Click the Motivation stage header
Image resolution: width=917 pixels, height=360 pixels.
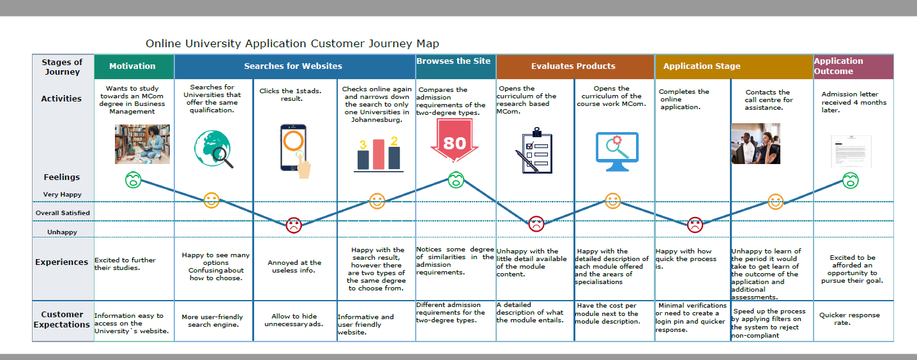coord(132,66)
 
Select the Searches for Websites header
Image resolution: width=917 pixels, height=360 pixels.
coord(293,66)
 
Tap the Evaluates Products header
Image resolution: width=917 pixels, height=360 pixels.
coord(573,66)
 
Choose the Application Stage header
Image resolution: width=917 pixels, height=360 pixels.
coord(702,66)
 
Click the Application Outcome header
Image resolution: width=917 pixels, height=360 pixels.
coord(838,66)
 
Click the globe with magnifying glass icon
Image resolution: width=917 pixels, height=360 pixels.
coord(213,148)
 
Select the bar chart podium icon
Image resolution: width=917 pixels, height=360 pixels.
coord(377,153)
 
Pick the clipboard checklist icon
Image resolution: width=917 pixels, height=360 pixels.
coord(534,151)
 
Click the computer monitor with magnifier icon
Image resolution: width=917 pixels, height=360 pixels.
coord(616,151)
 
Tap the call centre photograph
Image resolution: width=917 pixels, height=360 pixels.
coord(755,144)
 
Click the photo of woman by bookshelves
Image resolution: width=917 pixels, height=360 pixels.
coord(142,144)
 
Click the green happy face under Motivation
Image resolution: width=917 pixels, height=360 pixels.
coord(133,179)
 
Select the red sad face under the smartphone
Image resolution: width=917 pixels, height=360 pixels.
coord(293,225)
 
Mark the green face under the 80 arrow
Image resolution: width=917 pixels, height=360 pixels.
coord(455,180)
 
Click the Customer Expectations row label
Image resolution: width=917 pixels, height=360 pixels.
coord(63,319)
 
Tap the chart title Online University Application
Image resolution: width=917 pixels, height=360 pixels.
coord(292,43)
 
